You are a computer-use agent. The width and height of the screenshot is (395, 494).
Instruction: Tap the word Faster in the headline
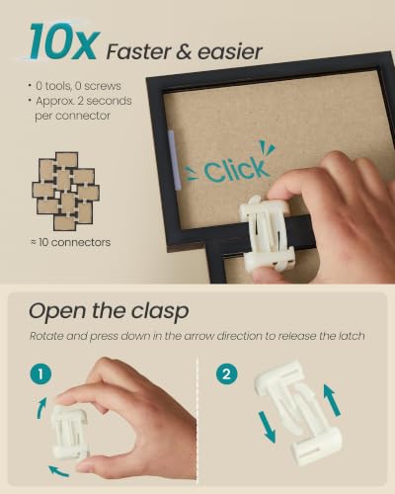click(x=139, y=52)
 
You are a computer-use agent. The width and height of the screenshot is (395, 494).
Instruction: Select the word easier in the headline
click(x=230, y=52)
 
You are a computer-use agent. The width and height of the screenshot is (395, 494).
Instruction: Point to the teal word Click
click(x=235, y=169)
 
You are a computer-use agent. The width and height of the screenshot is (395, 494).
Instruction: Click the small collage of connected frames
click(x=65, y=191)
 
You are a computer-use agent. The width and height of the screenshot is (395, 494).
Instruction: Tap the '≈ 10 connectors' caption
click(x=70, y=242)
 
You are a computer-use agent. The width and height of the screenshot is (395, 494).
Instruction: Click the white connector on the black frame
click(x=267, y=233)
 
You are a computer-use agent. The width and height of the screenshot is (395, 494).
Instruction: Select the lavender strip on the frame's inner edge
click(x=175, y=160)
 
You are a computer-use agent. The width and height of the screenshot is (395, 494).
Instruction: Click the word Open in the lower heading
click(x=58, y=311)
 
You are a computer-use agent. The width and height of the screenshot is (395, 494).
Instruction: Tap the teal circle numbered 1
click(x=40, y=374)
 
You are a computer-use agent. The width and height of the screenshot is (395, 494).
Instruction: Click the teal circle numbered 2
click(x=227, y=374)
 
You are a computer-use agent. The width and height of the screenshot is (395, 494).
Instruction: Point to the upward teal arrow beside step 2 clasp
click(x=332, y=400)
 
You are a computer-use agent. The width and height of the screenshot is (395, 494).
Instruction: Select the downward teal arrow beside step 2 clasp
click(x=267, y=427)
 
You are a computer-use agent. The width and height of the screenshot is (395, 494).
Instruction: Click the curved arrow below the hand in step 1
click(x=58, y=471)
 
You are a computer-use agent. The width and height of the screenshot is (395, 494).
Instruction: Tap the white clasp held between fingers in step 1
click(x=70, y=433)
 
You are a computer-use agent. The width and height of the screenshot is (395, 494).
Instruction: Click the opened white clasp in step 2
click(x=299, y=412)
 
